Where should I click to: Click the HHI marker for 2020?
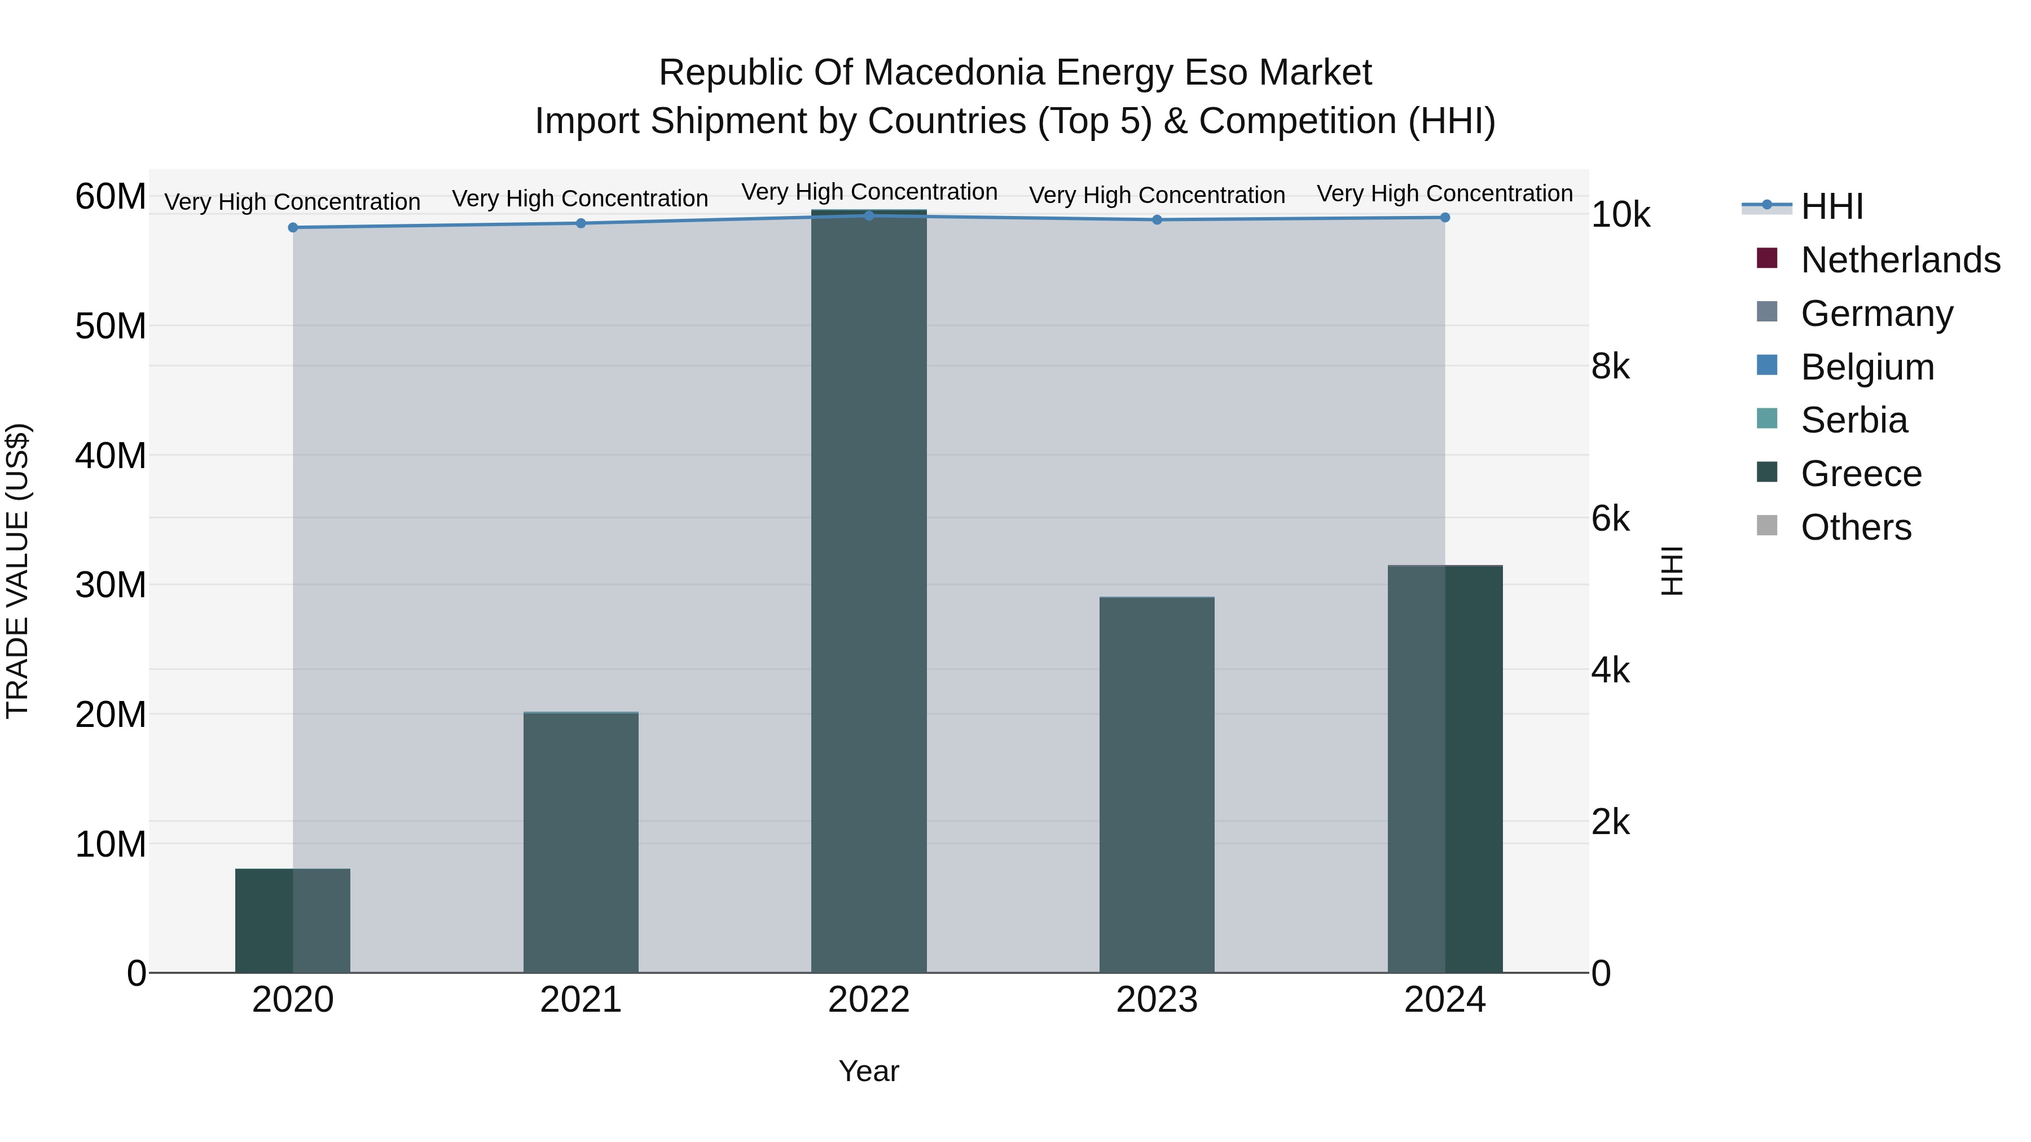coord(293,228)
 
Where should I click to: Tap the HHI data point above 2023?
coord(1157,220)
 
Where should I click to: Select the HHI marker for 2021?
coord(581,223)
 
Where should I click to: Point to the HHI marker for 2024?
coord(1444,218)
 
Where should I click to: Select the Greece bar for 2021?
coord(581,843)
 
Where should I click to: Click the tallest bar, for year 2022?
coord(869,591)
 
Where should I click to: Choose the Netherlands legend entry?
coord(1900,260)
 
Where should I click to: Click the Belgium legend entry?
coord(1867,367)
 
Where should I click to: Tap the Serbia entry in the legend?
coord(1854,420)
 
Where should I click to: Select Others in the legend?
coord(1856,527)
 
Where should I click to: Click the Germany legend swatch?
coord(1767,313)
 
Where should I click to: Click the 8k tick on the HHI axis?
coord(1611,367)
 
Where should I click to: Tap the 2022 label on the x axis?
coord(869,1000)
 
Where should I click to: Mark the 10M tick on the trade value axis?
coord(111,844)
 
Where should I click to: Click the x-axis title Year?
coord(869,1071)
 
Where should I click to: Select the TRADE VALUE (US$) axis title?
coord(17,571)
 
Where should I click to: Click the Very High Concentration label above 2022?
coord(869,192)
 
